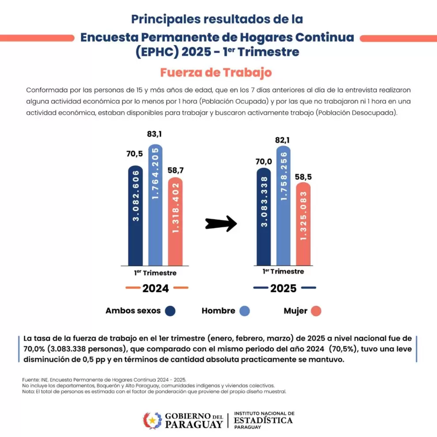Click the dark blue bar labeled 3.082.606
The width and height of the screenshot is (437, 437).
click(x=136, y=216)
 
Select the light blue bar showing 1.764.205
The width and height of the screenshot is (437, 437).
click(x=155, y=205)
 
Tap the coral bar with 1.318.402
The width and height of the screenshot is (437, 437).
click(x=175, y=222)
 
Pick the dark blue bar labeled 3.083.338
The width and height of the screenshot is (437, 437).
click(x=264, y=217)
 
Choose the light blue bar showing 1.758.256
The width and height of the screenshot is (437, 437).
click(x=283, y=206)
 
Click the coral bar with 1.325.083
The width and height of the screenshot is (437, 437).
click(x=303, y=224)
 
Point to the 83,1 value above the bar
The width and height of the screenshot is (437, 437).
click(x=154, y=134)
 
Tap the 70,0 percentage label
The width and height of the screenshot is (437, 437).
click(x=264, y=162)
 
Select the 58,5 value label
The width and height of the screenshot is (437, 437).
click(x=303, y=177)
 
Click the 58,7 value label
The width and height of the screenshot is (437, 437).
click(x=176, y=170)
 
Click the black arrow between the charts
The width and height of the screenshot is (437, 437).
click(x=221, y=223)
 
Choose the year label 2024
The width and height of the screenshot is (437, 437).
click(x=155, y=288)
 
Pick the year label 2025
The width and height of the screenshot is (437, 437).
click(x=283, y=288)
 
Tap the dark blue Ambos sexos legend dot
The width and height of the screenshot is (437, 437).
click(x=170, y=311)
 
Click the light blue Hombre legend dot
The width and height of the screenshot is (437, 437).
click(x=245, y=311)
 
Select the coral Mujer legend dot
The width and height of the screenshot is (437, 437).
click(x=316, y=311)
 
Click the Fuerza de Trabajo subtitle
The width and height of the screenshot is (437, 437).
click(x=216, y=72)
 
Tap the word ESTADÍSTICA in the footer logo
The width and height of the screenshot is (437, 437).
click(x=264, y=420)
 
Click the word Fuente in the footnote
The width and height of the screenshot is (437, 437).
click(x=30, y=380)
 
